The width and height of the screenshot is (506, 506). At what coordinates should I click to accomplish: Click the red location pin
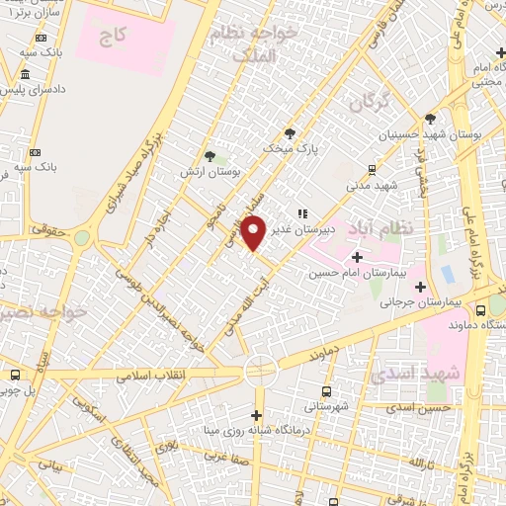255,232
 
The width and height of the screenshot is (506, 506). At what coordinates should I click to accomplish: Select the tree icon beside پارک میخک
290,133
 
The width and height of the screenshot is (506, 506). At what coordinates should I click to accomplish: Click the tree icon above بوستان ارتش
209,155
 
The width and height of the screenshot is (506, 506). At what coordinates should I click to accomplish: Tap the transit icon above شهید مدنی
372,169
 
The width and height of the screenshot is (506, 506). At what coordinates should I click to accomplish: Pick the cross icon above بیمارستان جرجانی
421,289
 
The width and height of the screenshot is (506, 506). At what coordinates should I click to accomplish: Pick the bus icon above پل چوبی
15,376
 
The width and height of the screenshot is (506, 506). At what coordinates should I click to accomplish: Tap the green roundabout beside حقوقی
81,237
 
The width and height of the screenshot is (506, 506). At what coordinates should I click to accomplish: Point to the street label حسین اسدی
419,407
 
